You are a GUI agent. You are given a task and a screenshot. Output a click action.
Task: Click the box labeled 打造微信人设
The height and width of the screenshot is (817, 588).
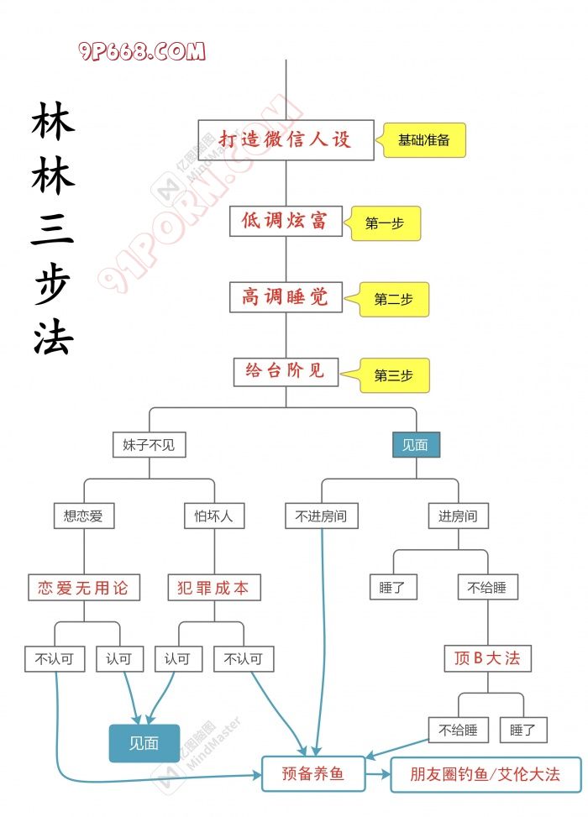click(x=285, y=139)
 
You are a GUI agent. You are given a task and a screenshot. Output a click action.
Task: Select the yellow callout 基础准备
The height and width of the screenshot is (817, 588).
click(x=424, y=140)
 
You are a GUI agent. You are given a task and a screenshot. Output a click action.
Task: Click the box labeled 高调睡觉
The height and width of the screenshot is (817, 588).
click(x=286, y=296)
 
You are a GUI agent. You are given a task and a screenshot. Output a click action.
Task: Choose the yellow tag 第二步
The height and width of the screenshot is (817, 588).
click(x=394, y=299)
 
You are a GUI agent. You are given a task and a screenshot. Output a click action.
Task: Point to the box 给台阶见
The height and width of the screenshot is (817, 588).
click(x=285, y=370)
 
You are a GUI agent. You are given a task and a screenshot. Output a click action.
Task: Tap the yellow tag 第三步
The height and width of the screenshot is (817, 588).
click(x=394, y=375)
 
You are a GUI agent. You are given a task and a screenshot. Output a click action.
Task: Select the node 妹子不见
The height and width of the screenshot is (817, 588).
click(x=149, y=445)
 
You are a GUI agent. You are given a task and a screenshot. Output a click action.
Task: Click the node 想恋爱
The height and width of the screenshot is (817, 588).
click(x=83, y=516)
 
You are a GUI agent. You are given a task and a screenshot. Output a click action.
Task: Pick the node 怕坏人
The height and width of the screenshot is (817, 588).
click(x=213, y=516)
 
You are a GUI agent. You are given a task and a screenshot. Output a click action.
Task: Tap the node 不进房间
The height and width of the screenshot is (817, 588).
click(x=322, y=516)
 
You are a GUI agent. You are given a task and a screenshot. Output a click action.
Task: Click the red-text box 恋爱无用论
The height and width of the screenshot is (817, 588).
click(x=83, y=587)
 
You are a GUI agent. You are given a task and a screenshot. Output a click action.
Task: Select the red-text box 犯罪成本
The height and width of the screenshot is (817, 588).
click(x=213, y=587)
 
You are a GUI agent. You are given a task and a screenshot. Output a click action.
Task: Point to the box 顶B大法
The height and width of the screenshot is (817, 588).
click(x=487, y=658)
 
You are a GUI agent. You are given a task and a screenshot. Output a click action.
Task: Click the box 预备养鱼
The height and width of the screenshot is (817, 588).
click(x=314, y=773)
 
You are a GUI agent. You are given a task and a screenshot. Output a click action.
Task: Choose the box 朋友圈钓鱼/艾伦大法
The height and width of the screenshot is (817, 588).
click(x=486, y=773)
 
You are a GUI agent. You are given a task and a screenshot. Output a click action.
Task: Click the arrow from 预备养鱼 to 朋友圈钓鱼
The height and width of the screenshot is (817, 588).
click(x=379, y=773)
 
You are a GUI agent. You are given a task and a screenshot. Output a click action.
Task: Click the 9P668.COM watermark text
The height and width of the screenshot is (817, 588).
click(x=143, y=52)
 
